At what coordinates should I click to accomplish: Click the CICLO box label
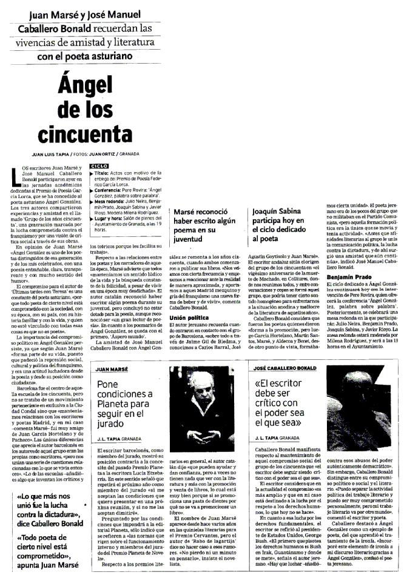[x=98, y=165]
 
